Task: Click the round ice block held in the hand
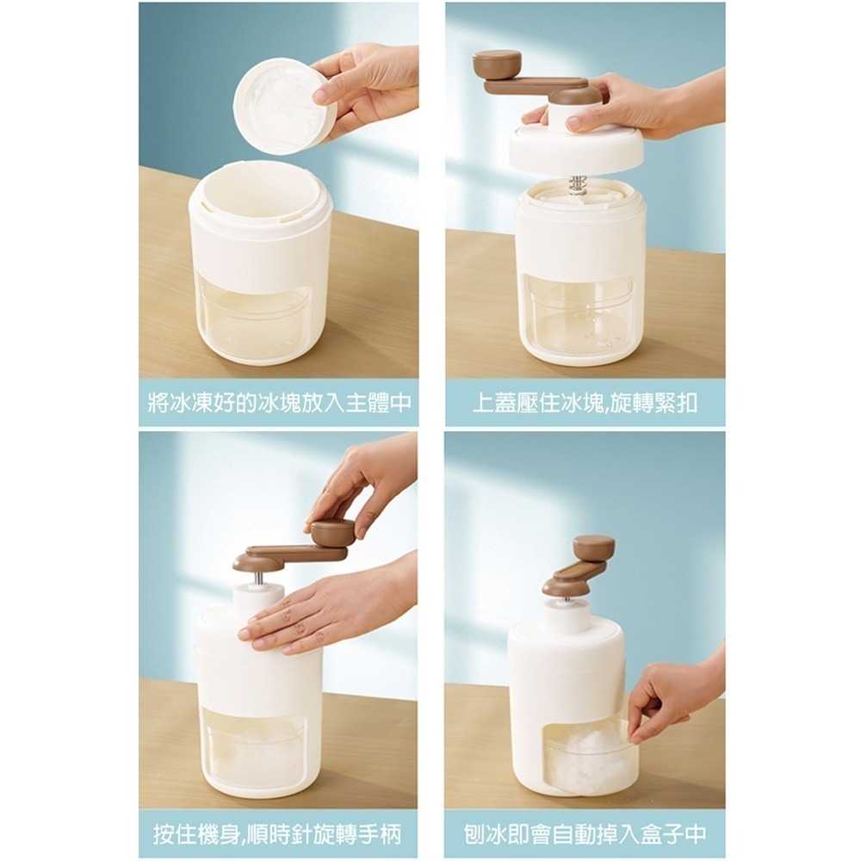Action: click(284, 106)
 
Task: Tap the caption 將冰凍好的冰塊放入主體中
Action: click(280, 403)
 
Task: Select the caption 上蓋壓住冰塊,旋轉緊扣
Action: click(585, 403)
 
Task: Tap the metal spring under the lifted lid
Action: click(579, 186)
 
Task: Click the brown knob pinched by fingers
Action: click(332, 533)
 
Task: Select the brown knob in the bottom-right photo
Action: click(593, 548)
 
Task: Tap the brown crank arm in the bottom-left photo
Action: click(291, 555)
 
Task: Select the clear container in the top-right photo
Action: click(579, 313)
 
